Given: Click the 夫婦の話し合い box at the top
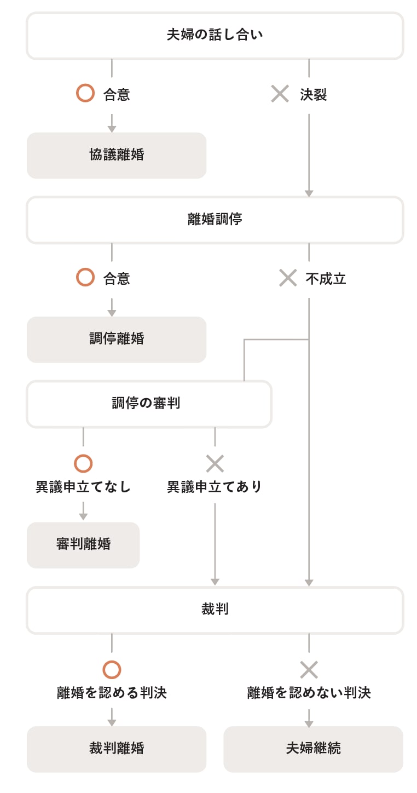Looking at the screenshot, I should [x=215, y=36].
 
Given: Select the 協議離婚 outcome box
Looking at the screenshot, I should [x=117, y=155].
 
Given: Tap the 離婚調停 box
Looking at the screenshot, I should [x=215, y=220].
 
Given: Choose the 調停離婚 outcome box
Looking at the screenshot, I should [x=117, y=339].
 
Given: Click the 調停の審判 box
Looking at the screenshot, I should [x=149, y=404].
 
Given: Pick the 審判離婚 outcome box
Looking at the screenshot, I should [x=83, y=544].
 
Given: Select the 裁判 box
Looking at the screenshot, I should [x=215, y=610].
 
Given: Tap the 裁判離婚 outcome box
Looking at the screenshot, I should [x=117, y=749].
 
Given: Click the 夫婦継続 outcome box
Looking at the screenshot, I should [x=313, y=749].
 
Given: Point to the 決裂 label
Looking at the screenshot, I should [x=314, y=95].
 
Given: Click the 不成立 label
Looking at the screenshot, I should [x=326, y=279].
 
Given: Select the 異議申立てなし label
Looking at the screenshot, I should [x=83, y=487].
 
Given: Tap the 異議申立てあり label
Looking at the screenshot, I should [x=215, y=487].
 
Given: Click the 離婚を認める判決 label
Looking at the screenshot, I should [x=112, y=693].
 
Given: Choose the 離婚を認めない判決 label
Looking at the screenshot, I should [x=309, y=693].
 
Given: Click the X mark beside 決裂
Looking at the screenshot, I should [x=280, y=94].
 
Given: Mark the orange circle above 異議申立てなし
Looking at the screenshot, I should [x=83, y=464].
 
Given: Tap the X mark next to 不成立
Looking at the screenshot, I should [x=288, y=278].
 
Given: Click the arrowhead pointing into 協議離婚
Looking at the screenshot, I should [x=112, y=129].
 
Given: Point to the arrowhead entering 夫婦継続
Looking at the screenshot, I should [x=309, y=724].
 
